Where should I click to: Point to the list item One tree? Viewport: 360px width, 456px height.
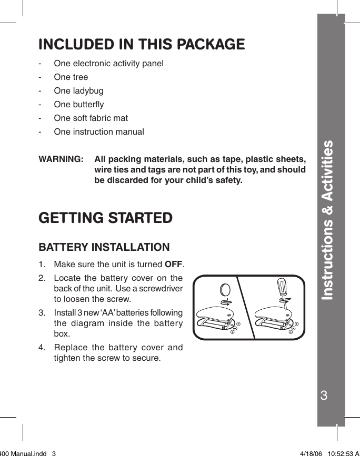71,77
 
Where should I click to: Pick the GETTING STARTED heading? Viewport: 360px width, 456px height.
105,218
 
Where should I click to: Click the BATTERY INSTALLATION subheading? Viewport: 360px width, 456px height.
104,247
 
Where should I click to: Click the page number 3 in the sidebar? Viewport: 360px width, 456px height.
331,396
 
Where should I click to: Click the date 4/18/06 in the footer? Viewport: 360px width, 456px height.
311,452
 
